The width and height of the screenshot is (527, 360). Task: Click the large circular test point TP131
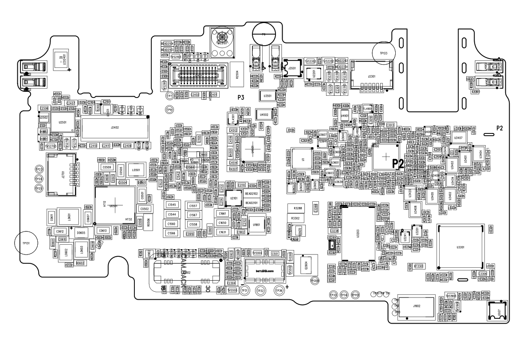point(28,243)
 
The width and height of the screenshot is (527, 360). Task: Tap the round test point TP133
point(384,53)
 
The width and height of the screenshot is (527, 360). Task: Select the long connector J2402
point(115,128)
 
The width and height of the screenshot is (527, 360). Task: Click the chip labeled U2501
point(56,122)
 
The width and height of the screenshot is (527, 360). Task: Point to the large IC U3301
point(460,247)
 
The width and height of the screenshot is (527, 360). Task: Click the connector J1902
point(416,306)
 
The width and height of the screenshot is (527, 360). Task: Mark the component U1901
point(256,225)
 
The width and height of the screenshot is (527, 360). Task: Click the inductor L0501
point(136,170)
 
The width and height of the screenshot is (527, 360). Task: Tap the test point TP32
point(261,290)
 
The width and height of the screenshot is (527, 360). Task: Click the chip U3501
point(267,96)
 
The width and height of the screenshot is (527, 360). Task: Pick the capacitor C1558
point(193,225)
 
